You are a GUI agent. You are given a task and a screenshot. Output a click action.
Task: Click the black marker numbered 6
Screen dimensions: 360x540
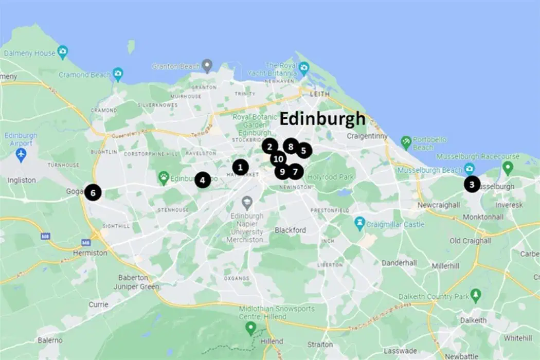[x=93, y=192]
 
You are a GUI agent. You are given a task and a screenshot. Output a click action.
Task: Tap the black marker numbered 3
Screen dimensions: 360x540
[x=472, y=184]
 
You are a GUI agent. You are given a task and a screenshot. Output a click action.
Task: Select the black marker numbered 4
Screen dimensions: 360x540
[x=203, y=180]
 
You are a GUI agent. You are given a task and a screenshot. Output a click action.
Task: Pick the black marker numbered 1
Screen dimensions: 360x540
[x=240, y=167]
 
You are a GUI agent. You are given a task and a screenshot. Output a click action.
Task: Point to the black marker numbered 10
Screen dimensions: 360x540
[x=278, y=159]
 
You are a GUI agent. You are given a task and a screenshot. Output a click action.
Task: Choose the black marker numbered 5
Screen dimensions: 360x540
[x=303, y=151]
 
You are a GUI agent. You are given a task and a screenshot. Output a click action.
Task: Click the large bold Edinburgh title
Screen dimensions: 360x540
[x=322, y=119]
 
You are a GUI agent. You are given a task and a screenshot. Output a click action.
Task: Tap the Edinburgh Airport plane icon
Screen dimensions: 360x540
[x=21, y=155]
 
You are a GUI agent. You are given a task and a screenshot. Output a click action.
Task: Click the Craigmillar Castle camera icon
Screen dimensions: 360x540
[x=359, y=224]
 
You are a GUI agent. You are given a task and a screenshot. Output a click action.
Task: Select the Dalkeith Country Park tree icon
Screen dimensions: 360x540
[x=476, y=296]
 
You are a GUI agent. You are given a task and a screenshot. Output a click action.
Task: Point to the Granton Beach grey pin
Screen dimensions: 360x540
[x=207, y=66]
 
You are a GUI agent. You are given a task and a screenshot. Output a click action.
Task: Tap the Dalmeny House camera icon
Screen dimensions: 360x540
[x=63, y=52]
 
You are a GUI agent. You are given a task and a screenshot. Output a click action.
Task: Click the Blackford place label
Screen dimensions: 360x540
[x=290, y=230]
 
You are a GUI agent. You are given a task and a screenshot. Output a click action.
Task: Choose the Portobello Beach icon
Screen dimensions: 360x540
[x=406, y=140]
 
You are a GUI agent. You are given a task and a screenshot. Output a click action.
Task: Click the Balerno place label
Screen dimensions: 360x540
[x=50, y=340]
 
